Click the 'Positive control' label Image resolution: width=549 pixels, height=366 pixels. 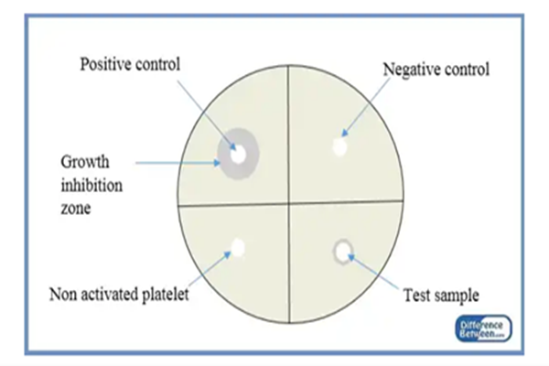point(130,65)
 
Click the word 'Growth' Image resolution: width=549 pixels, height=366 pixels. point(81,162)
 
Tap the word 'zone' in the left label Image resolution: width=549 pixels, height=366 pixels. point(76,209)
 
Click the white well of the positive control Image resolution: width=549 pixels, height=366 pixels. point(238,156)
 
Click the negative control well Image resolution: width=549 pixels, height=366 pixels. point(340,146)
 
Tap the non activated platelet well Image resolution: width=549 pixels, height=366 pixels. point(238,247)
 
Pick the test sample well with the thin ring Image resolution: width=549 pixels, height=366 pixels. point(343,251)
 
